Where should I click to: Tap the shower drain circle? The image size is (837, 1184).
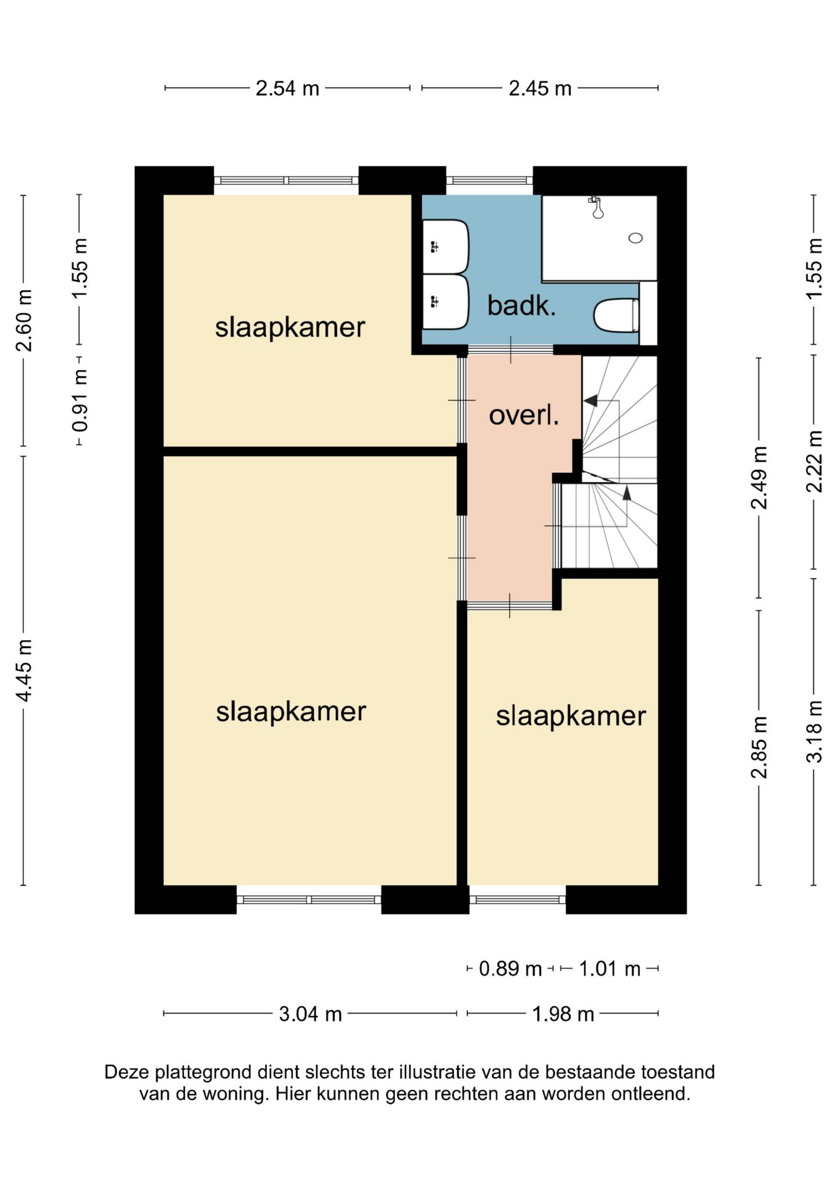[x=635, y=238]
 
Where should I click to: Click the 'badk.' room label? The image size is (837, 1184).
[x=521, y=305]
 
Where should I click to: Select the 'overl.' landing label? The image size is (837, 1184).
[x=524, y=415]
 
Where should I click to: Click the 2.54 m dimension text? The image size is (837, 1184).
[x=288, y=89]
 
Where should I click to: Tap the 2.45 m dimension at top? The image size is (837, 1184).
[x=540, y=89]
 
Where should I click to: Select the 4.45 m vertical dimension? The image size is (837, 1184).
[x=24, y=670]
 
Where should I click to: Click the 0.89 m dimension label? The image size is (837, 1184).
[x=510, y=969]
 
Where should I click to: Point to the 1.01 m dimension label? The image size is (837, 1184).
[x=610, y=969]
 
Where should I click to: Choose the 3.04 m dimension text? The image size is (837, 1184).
[x=310, y=1014]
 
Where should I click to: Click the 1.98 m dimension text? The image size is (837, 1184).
[x=563, y=1014]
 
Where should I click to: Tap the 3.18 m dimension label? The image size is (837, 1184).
[x=814, y=732]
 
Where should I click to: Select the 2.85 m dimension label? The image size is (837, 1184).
[x=759, y=747]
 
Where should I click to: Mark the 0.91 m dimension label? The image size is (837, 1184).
[x=80, y=401]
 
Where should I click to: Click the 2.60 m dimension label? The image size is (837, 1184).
[x=24, y=320]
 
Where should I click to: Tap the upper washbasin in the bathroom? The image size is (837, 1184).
[x=446, y=247]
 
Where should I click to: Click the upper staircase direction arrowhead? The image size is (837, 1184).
[x=590, y=401]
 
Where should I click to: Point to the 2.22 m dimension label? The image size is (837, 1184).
[x=814, y=461]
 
